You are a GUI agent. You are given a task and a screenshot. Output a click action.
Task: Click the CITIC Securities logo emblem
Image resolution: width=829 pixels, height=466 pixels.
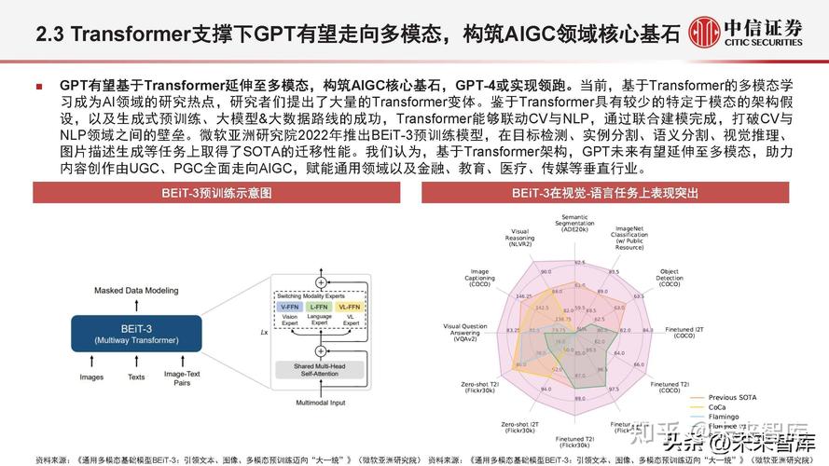pos(706,32)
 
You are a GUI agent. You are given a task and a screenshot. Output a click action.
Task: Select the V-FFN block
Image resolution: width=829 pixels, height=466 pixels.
pos(290,307)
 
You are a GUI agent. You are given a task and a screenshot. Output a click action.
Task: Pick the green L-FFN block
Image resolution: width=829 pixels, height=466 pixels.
pos(320,307)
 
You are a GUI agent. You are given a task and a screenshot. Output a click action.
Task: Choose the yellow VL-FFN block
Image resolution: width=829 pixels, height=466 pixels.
pos(350,307)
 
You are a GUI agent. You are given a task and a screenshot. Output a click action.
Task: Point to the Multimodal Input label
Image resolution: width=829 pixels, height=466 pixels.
pos(321,403)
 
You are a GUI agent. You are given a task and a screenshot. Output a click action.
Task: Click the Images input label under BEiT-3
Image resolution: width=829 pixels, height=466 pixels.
pos(91,377)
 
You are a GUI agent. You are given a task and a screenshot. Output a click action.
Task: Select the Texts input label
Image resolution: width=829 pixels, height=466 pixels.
pos(136,377)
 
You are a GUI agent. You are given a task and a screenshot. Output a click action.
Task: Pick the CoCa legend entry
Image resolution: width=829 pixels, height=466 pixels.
pos(719,406)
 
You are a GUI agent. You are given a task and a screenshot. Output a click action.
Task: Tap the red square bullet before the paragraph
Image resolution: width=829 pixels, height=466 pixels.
pos(38,86)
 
